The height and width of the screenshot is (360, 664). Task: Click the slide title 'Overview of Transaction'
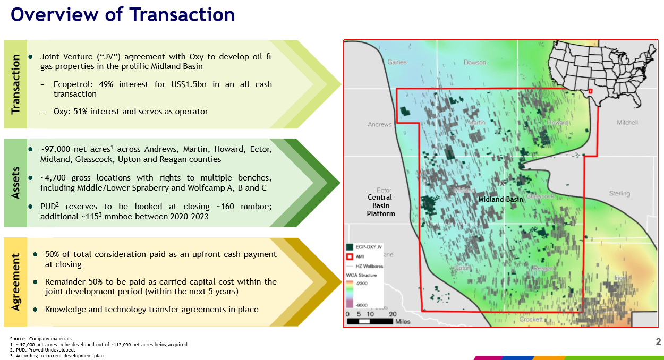point(122,14)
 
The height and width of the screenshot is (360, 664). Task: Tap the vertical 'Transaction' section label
point(15,84)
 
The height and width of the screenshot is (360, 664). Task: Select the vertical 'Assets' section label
point(15,183)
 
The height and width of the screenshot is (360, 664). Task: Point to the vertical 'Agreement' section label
point(15,282)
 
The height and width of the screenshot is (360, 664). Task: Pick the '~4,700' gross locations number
point(53,178)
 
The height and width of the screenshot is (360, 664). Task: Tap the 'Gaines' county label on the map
point(397,62)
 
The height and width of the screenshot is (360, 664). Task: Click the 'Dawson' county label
point(474,62)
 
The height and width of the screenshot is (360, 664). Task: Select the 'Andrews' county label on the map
point(379,125)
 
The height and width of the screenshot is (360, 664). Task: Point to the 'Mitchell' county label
point(627,123)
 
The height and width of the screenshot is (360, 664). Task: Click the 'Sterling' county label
point(619,194)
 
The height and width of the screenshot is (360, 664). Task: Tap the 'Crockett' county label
point(531,319)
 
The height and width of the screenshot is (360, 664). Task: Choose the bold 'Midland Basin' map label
point(500,200)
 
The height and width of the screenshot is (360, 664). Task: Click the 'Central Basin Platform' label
point(381,205)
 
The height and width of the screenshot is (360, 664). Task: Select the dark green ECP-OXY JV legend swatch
point(350,247)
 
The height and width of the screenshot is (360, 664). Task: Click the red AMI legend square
point(350,256)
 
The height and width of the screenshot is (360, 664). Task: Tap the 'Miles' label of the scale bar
point(403,322)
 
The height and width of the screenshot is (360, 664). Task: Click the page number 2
point(658,342)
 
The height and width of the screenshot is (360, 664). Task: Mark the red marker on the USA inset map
point(590,91)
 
